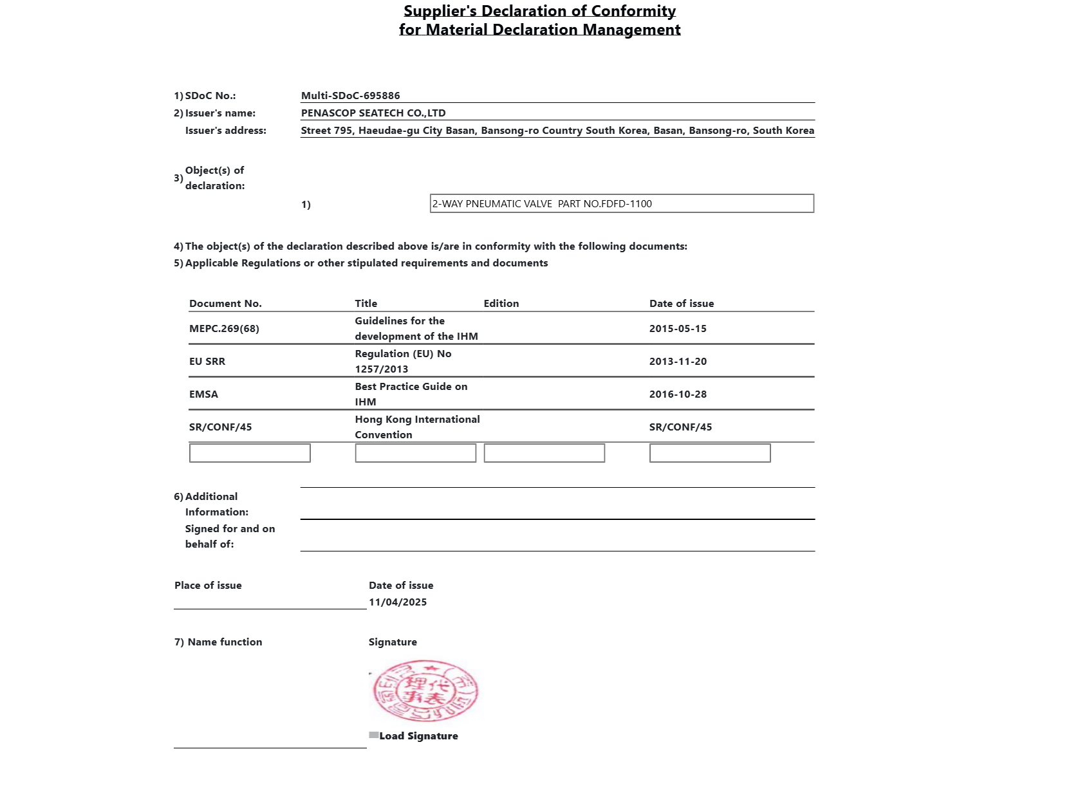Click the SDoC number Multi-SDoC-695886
pos(350,96)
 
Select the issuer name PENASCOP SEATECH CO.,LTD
pos(373,113)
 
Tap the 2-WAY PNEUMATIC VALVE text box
pos(622,204)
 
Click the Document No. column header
pos(225,304)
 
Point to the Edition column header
pos(501,304)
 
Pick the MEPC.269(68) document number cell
pos(224,329)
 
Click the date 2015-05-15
pos(678,329)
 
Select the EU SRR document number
pos(207,362)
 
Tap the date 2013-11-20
pos(678,362)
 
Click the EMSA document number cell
pos(203,394)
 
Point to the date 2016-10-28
pos(678,394)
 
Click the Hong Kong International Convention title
pos(417,427)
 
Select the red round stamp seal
pos(425,691)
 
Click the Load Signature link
pos(418,736)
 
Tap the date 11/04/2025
pos(398,602)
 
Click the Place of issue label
pos(208,586)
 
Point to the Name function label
pos(225,642)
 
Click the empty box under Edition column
pos(544,453)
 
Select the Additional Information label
pos(211,504)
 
